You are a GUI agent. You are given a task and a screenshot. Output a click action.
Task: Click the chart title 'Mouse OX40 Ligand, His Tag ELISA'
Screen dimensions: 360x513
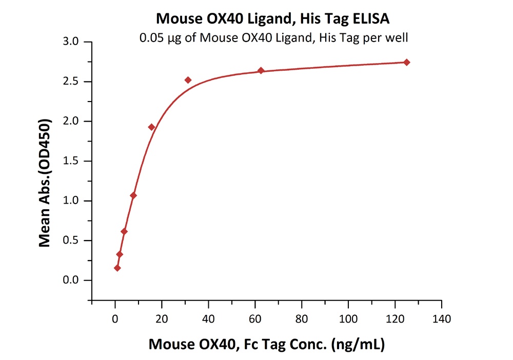tap(272, 19)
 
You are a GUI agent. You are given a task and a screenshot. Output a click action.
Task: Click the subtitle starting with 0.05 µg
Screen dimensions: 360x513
tap(272, 37)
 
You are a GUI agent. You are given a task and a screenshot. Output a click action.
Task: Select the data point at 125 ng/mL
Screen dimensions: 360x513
tap(407, 62)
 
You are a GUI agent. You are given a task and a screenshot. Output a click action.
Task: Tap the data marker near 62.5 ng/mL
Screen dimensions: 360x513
tap(261, 70)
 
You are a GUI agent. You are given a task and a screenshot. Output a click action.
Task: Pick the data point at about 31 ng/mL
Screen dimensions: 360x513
tap(188, 80)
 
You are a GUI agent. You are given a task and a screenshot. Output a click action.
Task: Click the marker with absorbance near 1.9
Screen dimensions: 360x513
tap(151, 127)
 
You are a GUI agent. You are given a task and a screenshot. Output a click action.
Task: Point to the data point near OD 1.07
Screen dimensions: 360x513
tap(133, 195)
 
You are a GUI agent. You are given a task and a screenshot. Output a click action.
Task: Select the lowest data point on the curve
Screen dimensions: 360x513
tap(117, 268)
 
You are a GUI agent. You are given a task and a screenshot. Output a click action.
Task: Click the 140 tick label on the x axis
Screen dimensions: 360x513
tap(442, 319)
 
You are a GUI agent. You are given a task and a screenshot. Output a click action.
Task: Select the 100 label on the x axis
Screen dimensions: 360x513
tap(348, 319)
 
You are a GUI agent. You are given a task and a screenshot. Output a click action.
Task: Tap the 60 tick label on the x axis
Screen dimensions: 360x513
tap(255, 319)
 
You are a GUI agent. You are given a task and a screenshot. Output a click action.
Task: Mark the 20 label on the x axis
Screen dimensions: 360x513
tap(162, 319)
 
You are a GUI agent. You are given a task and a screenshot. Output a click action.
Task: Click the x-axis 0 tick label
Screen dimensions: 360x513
tap(115, 319)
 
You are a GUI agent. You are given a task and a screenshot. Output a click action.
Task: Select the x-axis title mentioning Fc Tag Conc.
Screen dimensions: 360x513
tap(267, 343)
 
